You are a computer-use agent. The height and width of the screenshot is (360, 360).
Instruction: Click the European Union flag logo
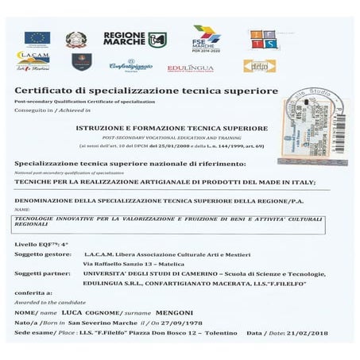(37, 37)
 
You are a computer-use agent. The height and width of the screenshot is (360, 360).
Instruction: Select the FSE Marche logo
(206, 38)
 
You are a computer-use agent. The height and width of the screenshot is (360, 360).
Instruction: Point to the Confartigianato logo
(131, 65)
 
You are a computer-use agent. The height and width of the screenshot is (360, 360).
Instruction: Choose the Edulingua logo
(191, 68)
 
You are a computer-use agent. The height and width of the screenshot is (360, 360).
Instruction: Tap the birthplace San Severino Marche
(99, 324)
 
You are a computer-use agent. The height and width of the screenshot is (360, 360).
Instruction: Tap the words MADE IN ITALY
(284, 182)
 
